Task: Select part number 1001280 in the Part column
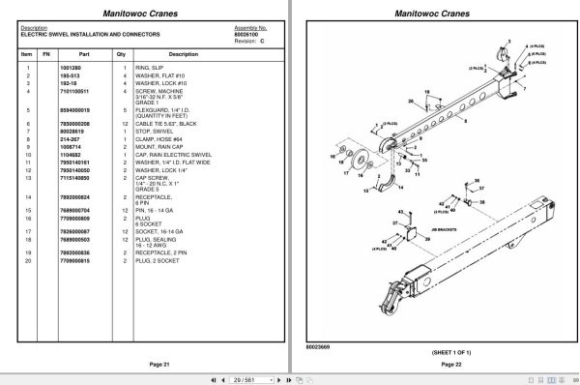(74, 67)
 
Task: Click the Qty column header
(121, 54)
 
